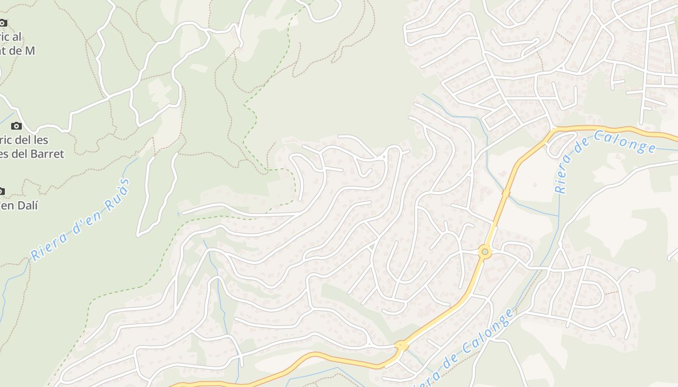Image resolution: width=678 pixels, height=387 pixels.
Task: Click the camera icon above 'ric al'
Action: pyautogui.click(x=2, y=22)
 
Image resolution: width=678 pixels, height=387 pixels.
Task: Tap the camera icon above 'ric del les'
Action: pyautogui.click(x=16, y=126)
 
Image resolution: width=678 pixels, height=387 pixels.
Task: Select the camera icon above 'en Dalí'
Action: pyautogui.click(x=1, y=191)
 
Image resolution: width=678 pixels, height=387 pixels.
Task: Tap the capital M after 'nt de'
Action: pyautogui.click(x=30, y=50)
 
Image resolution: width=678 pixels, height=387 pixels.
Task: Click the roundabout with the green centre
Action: pyautogui.click(x=484, y=252)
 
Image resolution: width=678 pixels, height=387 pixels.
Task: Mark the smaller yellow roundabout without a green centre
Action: pyautogui.click(x=401, y=345)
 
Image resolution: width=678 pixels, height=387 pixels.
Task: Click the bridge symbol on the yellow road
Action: pyautogui.click(x=506, y=193)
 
